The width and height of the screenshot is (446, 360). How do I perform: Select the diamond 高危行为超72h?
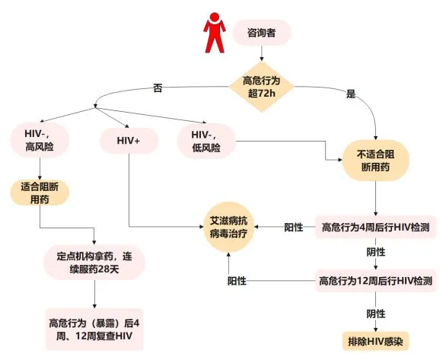pyautogui.click(x=263, y=87)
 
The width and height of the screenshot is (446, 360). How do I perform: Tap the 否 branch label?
pyautogui.click(x=158, y=89)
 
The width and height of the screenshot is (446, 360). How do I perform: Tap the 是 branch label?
pyautogui.click(x=351, y=94)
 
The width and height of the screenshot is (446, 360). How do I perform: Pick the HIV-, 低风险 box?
pyautogui.click(x=206, y=142)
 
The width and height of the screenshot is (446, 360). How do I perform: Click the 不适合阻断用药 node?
pyautogui.click(x=376, y=160)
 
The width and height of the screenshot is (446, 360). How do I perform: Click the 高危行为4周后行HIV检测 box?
pyautogui.click(x=376, y=226)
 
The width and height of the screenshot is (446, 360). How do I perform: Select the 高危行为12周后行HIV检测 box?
pyautogui.click(x=376, y=281)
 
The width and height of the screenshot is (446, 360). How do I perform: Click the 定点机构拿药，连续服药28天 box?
pyautogui.click(x=94, y=262)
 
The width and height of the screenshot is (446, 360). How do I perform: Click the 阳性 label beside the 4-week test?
pyautogui.click(x=295, y=227)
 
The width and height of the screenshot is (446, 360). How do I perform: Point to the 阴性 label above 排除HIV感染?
pyautogui.click(x=376, y=313)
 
